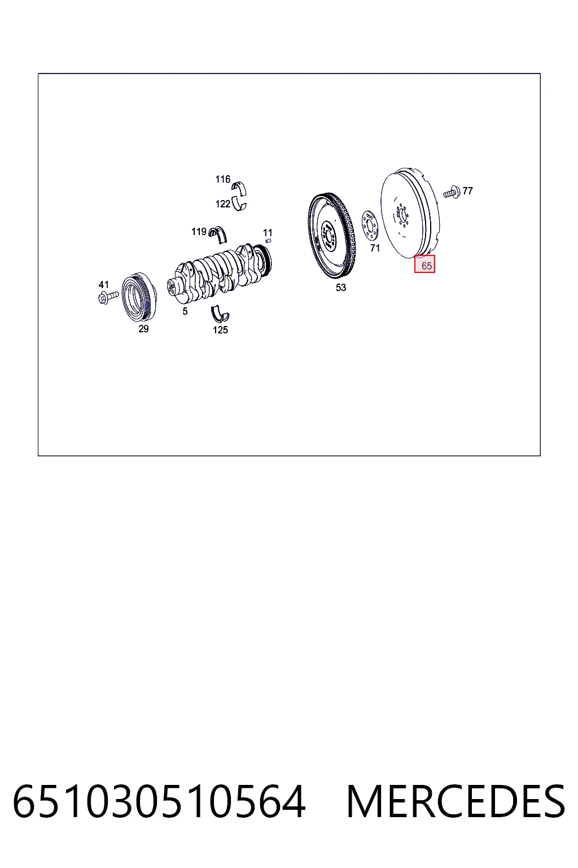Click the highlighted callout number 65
(x=426, y=266)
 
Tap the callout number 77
(x=468, y=190)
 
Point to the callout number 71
(x=375, y=248)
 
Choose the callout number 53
(x=341, y=288)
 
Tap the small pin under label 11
(x=268, y=241)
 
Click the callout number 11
(x=268, y=232)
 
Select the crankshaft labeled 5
(x=220, y=273)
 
